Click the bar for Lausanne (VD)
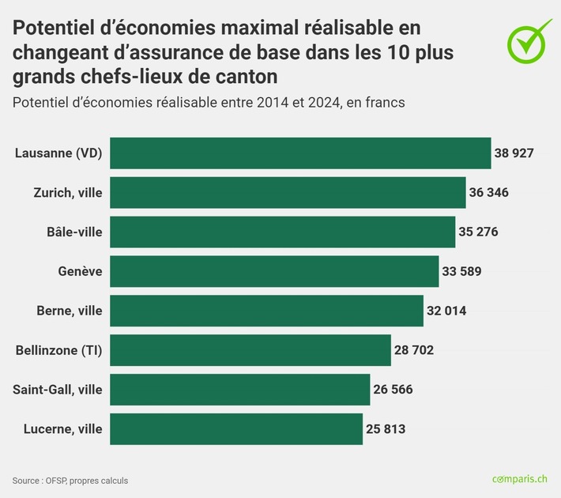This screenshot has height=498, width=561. pos(300,153)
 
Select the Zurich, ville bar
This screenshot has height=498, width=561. pos(288,193)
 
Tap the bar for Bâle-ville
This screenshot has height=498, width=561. pos(282,232)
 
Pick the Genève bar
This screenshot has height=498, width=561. pos(274,271)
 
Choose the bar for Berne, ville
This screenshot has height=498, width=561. pos(266,311)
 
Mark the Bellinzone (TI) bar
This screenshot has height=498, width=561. pos(250,350)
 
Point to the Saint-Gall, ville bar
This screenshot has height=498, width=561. pos(239,390)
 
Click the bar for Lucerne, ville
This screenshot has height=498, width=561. pos(236,429)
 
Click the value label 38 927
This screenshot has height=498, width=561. pos(514,153)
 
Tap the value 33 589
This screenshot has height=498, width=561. pos(461,271)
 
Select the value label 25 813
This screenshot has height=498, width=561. pos(386,429)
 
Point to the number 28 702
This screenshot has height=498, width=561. pos(414,350)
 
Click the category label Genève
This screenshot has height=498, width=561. pos(80,271)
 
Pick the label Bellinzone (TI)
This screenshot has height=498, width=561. pos(59,350)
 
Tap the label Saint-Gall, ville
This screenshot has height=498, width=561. pos(58,390)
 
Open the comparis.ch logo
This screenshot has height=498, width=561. pos(519,479)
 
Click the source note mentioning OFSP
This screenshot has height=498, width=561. pos(70,481)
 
